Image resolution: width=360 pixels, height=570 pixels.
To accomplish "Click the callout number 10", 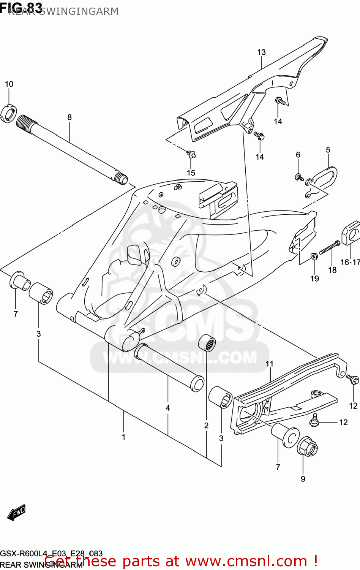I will point(9,84).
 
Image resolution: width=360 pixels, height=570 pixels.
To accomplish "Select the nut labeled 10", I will point(9,114).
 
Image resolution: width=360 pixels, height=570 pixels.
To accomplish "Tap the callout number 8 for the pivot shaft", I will point(69,117).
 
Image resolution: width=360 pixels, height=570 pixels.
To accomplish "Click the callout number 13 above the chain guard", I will point(261,52).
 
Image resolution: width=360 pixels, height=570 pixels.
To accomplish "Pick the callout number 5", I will point(328,150).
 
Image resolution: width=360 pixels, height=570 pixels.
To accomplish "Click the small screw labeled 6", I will point(299,177).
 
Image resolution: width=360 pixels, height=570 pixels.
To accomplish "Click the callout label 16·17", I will point(350,262).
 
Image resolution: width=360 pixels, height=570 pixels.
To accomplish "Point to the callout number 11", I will point(269,364).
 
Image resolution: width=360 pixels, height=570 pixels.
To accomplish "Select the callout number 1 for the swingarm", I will point(123,437).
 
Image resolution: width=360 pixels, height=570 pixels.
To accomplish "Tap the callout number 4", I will point(167,408).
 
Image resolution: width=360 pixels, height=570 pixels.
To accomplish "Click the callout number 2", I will point(206,425).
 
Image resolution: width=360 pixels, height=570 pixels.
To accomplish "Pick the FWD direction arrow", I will point(16,513).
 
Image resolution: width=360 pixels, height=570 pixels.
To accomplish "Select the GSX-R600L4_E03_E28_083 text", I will point(51,553).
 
